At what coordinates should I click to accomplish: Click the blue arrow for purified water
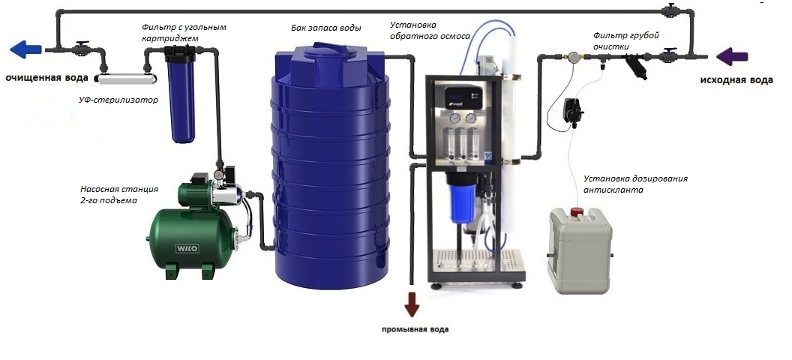click(25, 50)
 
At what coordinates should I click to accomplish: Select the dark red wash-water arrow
click(412, 305)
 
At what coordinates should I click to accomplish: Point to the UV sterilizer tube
click(126, 79)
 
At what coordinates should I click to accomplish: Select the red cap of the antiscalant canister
click(577, 211)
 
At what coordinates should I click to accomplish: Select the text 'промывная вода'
click(414, 330)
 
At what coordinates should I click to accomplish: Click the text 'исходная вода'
click(736, 79)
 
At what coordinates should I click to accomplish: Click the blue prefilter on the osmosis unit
click(460, 197)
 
